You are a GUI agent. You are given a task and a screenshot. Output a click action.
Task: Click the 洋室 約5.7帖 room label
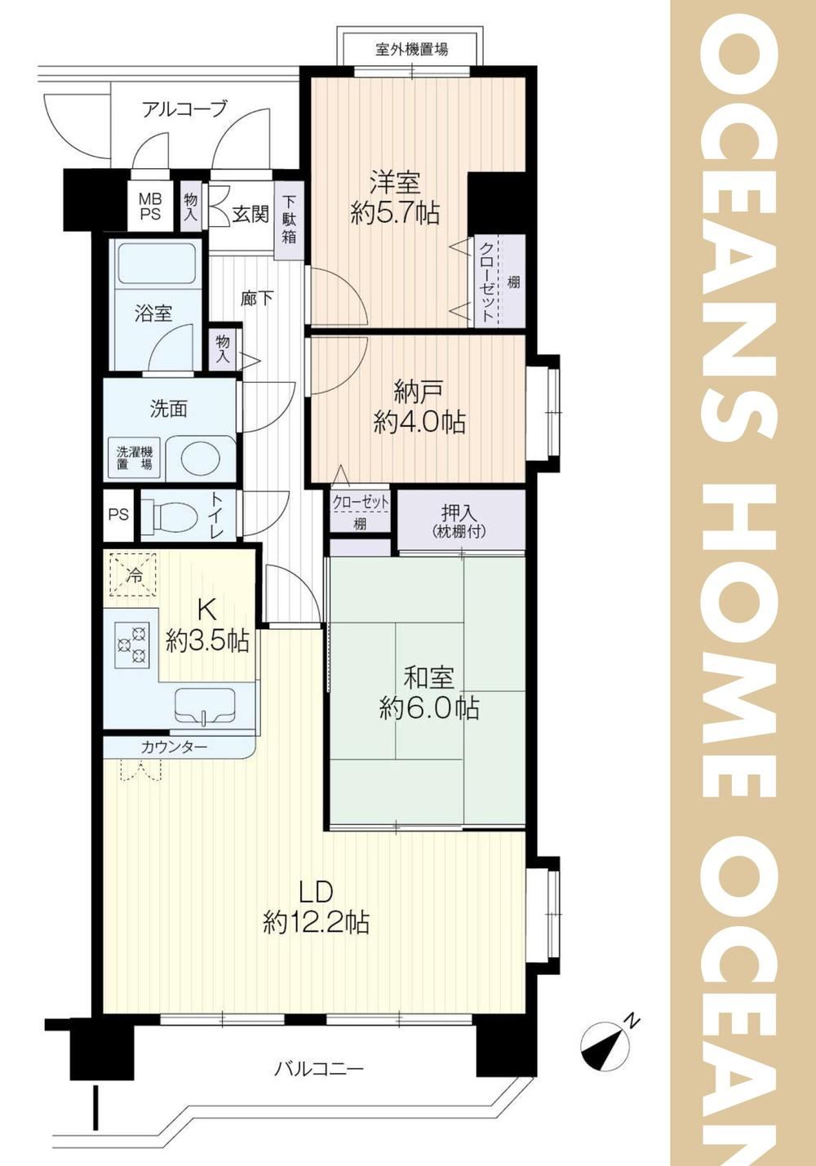(395, 197)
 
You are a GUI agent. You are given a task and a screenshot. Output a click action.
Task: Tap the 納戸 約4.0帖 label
(419, 408)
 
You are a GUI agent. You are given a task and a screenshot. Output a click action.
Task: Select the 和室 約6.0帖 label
(429, 692)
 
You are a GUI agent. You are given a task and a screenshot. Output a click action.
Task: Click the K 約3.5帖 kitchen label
(206, 625)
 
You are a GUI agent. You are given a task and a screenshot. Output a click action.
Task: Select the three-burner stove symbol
(131, 645)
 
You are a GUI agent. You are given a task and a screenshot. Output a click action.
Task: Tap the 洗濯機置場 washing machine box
(135, 458)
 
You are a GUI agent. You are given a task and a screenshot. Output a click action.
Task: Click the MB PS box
(150, 206)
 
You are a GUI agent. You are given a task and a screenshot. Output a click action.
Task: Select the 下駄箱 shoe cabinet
(289, 219)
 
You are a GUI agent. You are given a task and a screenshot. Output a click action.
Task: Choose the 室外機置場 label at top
(411, 50)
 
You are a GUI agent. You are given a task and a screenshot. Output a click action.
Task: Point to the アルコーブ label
(184, 109)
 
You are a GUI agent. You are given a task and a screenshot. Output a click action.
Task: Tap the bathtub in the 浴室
(157, 264)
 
